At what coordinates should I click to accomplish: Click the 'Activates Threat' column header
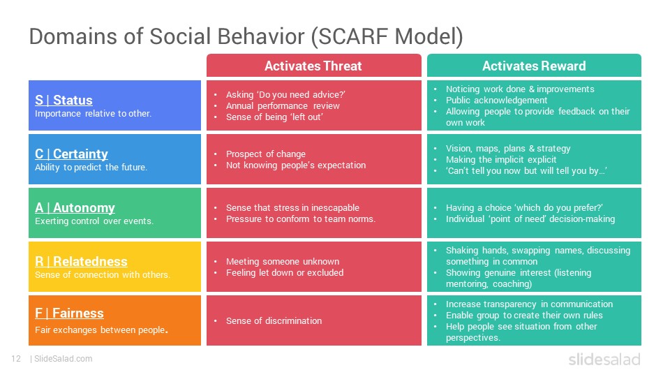313,66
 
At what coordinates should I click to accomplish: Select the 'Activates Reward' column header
534,66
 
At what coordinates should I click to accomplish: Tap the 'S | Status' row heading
64,100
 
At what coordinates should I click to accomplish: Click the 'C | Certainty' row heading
71,154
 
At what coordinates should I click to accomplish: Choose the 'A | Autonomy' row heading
75,208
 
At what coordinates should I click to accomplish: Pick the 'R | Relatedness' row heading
81,261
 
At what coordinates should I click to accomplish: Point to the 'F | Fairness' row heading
69,313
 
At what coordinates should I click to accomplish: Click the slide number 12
16,359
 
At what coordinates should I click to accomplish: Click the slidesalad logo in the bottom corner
604,359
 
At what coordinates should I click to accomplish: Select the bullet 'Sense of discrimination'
274,320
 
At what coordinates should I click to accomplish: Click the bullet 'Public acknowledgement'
496,100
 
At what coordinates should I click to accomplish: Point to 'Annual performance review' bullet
283,105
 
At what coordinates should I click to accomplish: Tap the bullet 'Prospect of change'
266,154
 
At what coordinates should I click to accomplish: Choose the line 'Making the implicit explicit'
501,159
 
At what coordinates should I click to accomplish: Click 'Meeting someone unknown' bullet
283,261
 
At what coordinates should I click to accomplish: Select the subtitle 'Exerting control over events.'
94,221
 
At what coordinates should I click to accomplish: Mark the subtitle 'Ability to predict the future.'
91,167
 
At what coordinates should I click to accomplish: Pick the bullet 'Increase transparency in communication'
530,304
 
